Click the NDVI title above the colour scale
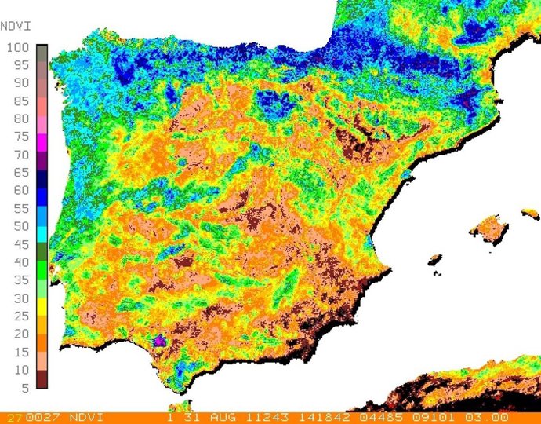(x=15, y=26)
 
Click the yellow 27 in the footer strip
(x=13, y=417)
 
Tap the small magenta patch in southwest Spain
(x=159, y=341)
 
